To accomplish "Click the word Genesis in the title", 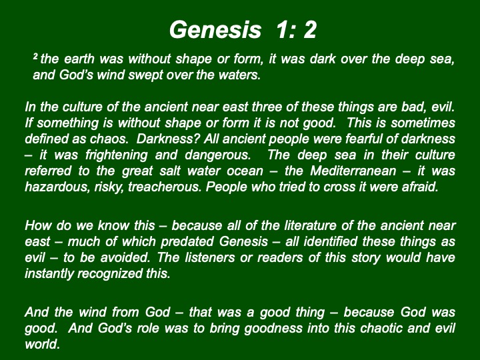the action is coord(215,30).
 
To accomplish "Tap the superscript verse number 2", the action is coord(35,56).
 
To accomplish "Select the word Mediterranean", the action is coord(353,171).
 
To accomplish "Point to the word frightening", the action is coord(116,155).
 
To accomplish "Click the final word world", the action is coord(42,345).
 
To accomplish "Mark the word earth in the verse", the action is coord(79,59).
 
